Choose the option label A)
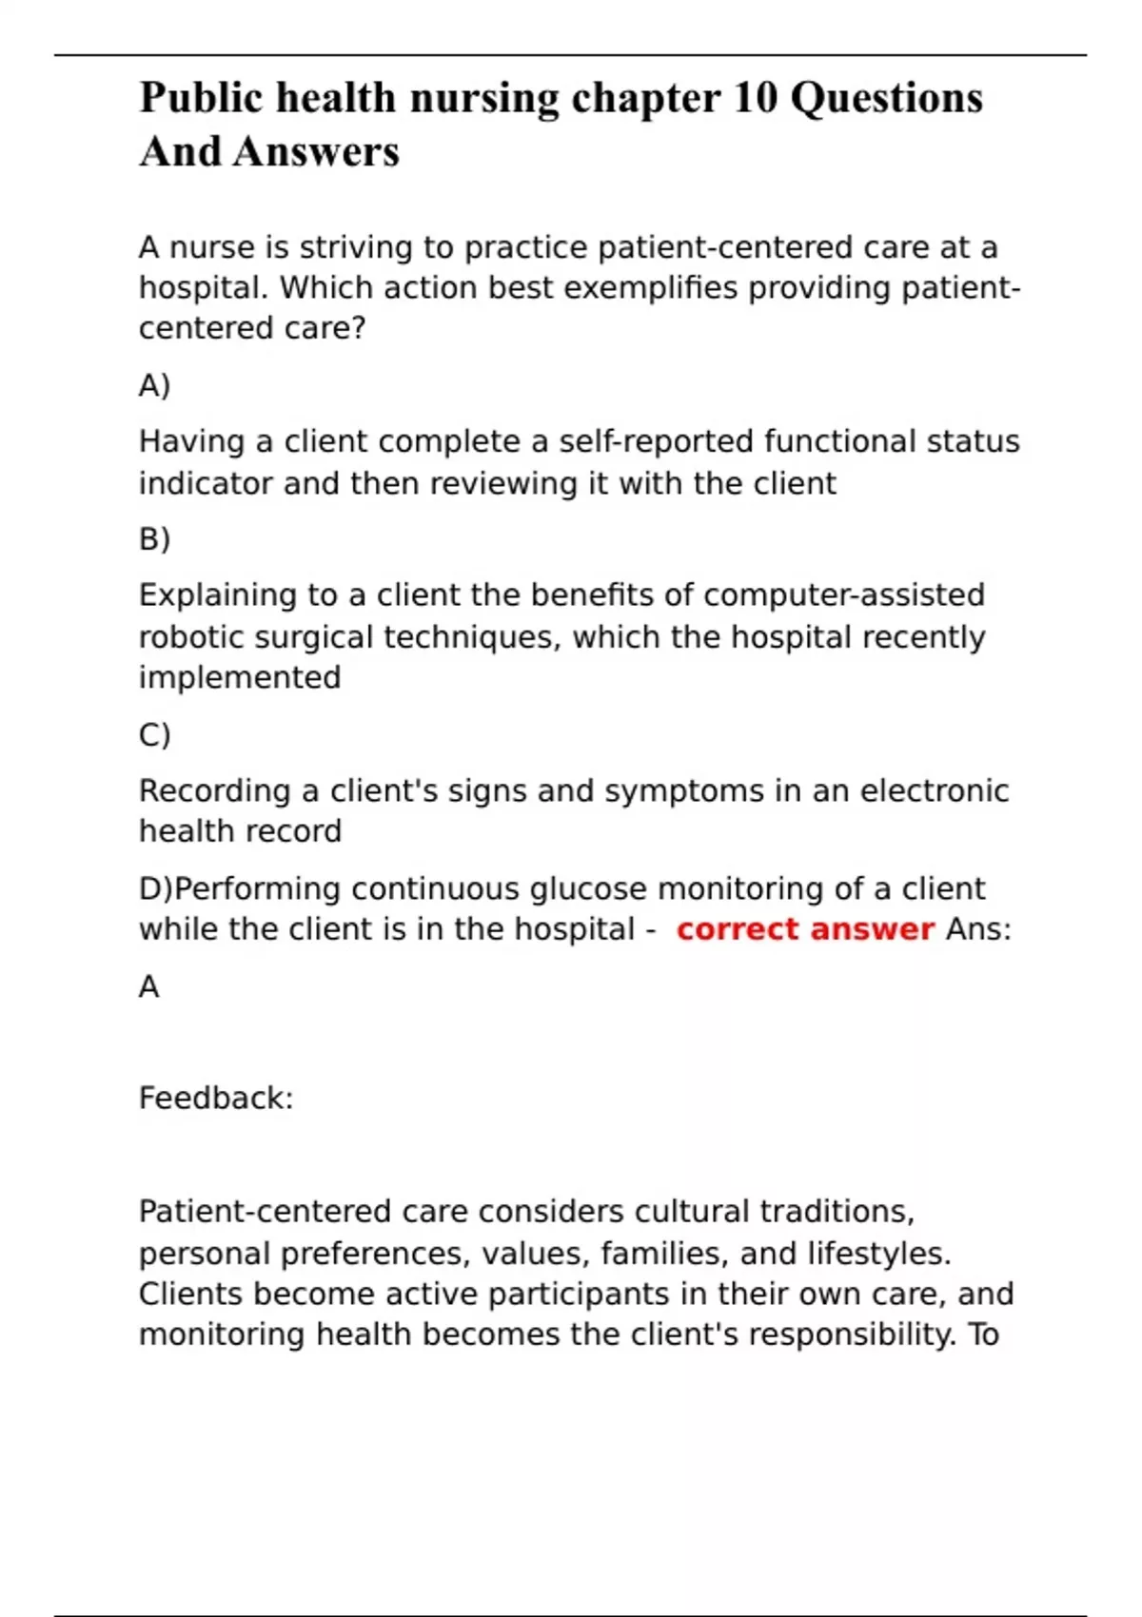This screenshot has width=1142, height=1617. click(154, 385)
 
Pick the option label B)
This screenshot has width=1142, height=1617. click(154, 539)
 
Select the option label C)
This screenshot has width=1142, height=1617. click(154, 735)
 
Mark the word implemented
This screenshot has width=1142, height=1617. click(240, 677)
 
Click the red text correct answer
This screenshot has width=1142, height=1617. click(805, 929)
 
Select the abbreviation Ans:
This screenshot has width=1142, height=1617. click(978, 929)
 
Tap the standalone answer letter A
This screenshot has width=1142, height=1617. click(149, 987)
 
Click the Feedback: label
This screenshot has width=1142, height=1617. click(216, 1099)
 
